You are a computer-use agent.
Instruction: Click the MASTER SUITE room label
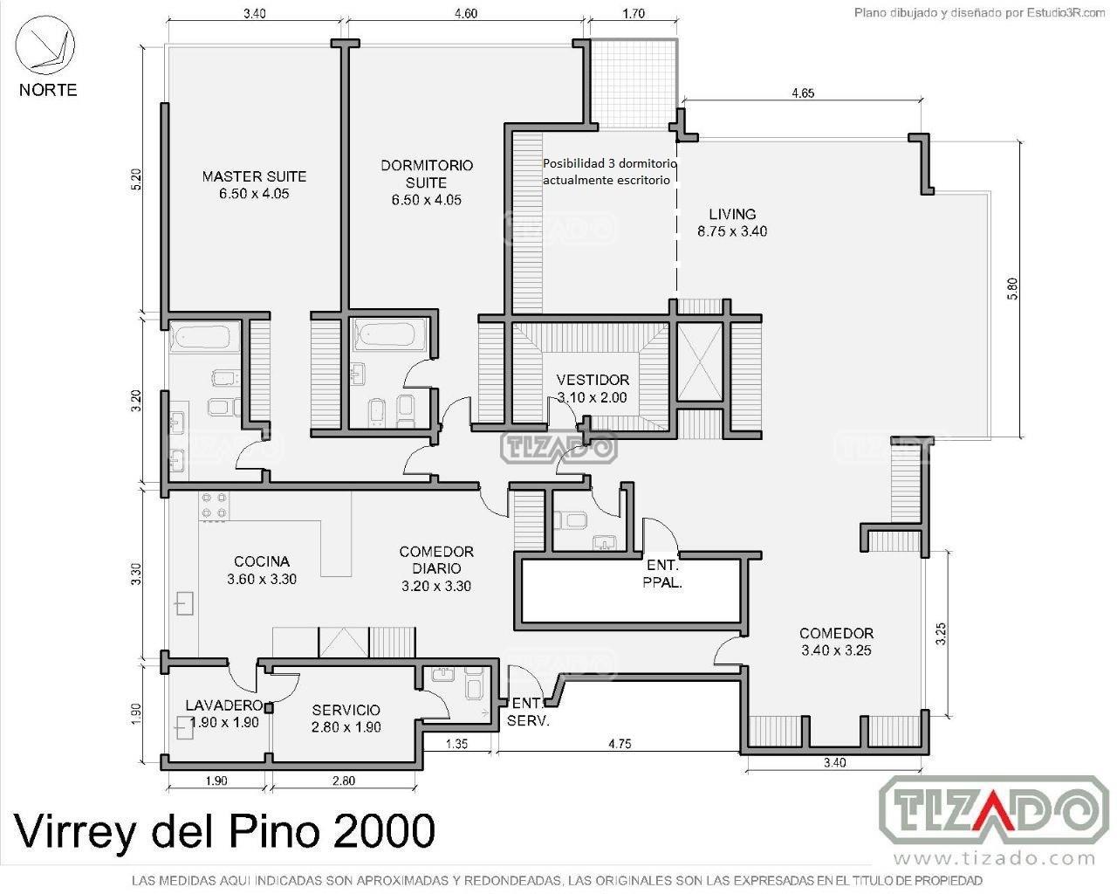(x=254, y=185)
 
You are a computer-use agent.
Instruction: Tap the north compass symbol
(x=45, y=45)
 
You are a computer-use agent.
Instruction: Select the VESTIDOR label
(x=593, y=389)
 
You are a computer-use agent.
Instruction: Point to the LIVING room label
(x=732, y=223)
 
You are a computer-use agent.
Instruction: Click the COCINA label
(x=262, y=570)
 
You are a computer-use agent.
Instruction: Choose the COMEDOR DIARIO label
(x=436, y=569)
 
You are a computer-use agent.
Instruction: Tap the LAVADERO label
(x=224, y=714)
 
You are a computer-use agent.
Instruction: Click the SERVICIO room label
(x=346, y=719)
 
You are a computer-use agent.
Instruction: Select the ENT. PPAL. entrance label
(x=662, y=574)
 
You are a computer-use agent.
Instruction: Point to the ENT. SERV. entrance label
(x=528, y=712)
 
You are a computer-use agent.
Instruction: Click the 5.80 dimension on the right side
(x=1012, y=289)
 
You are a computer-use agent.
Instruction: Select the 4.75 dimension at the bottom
(x=620, y=744)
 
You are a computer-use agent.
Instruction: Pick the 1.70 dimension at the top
(x=634, y=13)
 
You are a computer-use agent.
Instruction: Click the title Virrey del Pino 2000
(x=225, y=830)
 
